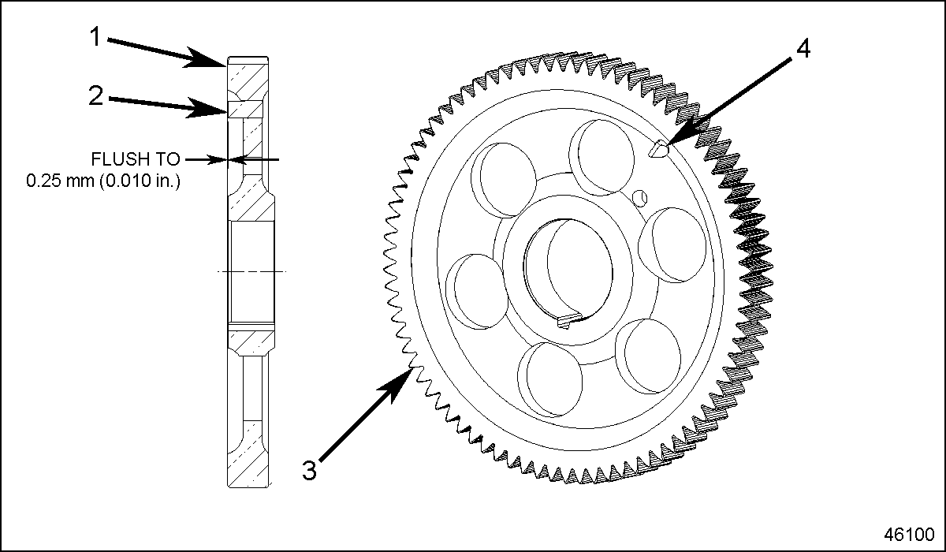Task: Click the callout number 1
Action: pyautogui.click(x=95, y=36)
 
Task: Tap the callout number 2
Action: pyautogui.click(x=95, y=96)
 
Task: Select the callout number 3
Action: pyautogui.click(x=310, y=469)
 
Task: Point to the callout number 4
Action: pyautogui.click(x=802, y=49)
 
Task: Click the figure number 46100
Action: pyautogui.click(x=907, y=532)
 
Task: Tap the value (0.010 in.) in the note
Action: pyautogui.click(x=142, y=181)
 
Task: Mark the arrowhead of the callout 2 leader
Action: pyautogui.click(x=222, y=113)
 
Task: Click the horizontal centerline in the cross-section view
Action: pyautogui.click(x=252, y=271)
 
